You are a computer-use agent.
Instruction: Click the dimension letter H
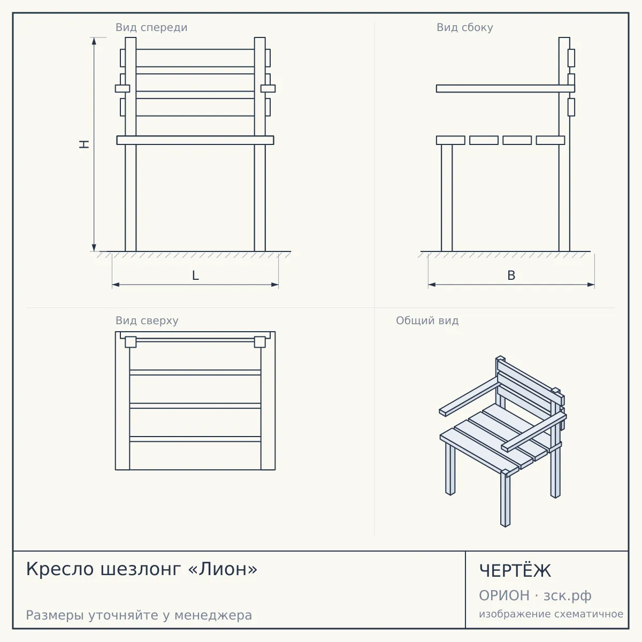pos(85,144)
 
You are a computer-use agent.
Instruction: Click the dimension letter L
pos(195,276)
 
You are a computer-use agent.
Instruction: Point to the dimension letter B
pos(511,276)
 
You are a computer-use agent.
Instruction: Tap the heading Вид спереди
pos(151,27)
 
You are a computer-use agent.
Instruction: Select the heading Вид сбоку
pos(465,27)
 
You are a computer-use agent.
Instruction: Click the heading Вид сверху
pos(147,320)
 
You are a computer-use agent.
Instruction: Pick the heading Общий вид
pos(427,320)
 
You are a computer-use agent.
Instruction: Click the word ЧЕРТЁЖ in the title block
pos(515,571)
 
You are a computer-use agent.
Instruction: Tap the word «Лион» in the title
pos(223,569)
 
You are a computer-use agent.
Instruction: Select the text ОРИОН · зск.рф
pos(535,595)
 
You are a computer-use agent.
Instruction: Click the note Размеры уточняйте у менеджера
pos(139,615)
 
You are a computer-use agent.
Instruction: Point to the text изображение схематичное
pos(551,614)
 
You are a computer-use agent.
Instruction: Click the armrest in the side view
pos(506,89)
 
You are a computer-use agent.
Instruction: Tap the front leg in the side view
pos(447,198)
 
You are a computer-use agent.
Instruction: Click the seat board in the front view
pos(195,140)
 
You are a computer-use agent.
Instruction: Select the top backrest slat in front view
pos(195,58)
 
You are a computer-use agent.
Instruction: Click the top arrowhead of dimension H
pos(94,41)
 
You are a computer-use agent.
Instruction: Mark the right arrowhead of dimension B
pos(591,285)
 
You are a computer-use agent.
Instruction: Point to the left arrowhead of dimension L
pos(116,285)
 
